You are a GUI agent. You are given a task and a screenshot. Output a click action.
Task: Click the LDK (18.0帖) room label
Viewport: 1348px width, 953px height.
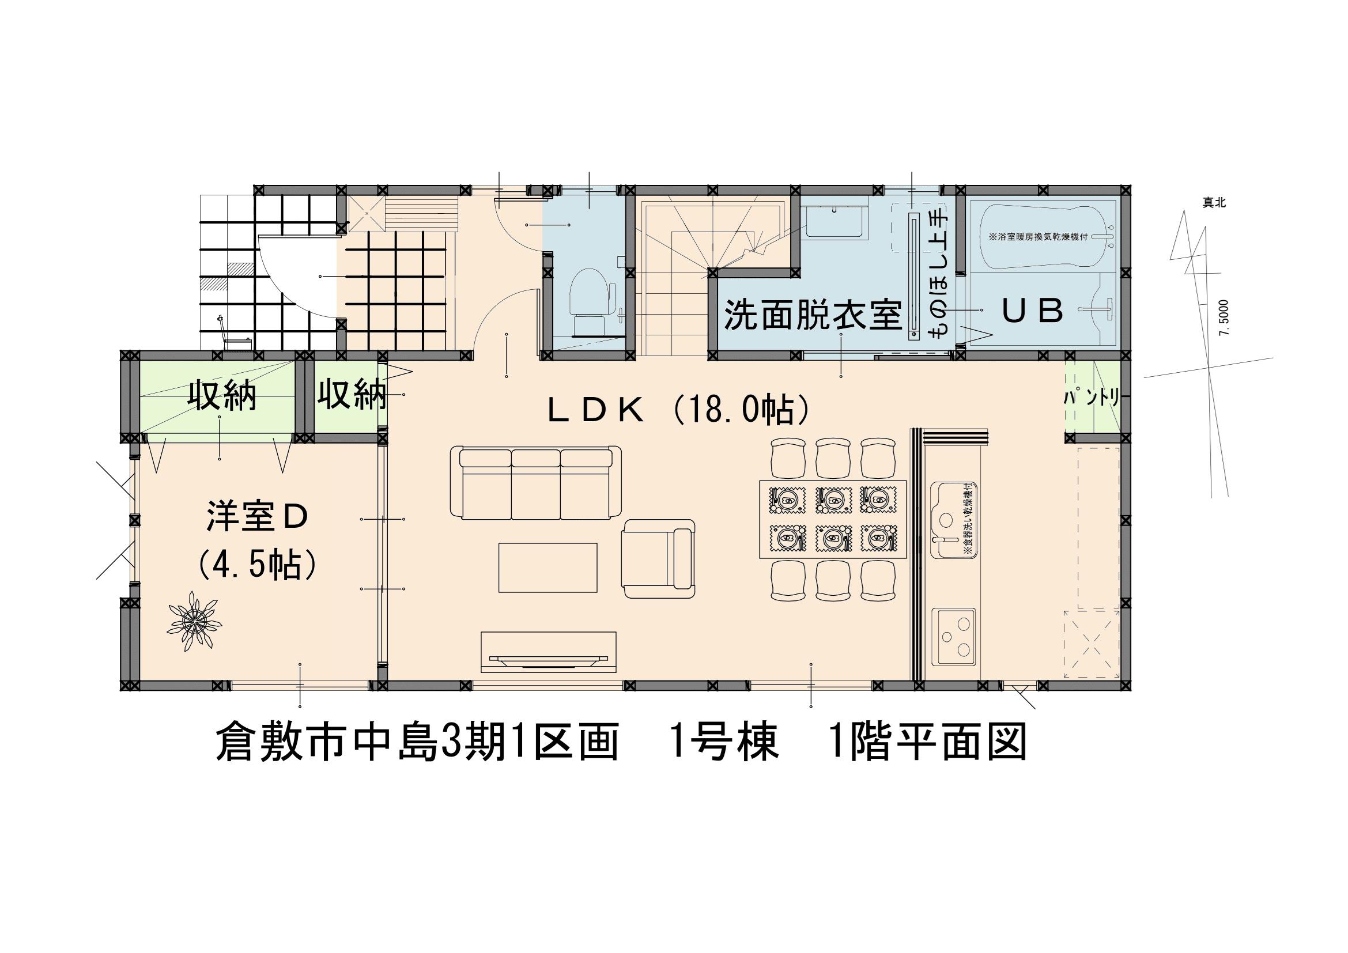[679, 411]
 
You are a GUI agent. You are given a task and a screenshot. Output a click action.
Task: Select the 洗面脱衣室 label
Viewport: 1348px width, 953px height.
[812, 315]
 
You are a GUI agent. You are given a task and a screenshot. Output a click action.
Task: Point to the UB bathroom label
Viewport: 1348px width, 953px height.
[1032, 311]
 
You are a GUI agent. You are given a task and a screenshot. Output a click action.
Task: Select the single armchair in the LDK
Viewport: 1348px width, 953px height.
[658, 558]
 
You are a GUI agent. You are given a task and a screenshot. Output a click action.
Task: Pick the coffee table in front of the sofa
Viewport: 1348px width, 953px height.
[547, 568]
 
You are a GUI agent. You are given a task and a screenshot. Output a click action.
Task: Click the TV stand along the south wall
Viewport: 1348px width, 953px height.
[548, 652]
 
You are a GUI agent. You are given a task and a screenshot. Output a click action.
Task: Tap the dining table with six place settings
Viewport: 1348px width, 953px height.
[833, 519]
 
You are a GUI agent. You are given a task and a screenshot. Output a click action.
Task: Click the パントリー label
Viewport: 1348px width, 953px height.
[1093, 399]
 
